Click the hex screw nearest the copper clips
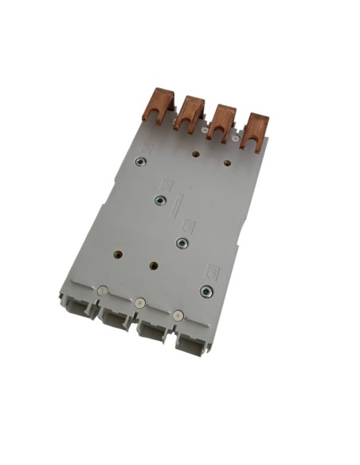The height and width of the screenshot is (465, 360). point(139,164)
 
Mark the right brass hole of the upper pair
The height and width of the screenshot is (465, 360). point(229,164)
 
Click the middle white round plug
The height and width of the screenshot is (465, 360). point(139,303)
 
